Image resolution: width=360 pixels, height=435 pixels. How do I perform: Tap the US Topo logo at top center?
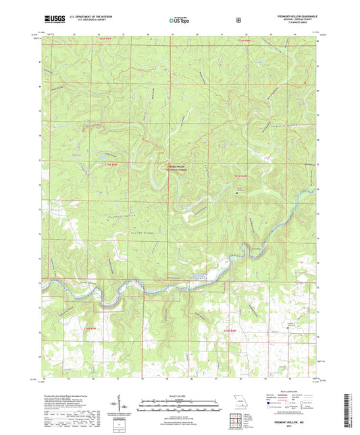coord(179,21)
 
